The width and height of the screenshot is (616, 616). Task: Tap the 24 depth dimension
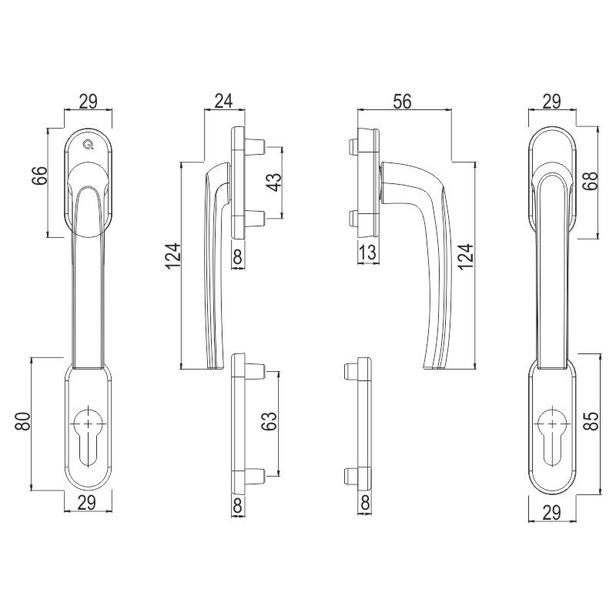223,101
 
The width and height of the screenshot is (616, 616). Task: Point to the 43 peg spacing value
274,182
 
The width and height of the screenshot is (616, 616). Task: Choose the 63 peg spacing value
270,421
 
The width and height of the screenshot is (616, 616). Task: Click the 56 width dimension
402,101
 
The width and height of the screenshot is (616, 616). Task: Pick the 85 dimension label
591,420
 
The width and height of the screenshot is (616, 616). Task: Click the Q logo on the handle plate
89,145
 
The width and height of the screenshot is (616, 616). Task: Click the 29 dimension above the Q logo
89,101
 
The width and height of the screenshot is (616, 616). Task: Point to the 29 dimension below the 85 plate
551,512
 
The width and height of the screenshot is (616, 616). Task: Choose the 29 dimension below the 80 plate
87,503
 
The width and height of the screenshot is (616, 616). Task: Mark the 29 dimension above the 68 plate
551,102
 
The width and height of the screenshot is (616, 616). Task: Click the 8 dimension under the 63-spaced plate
238,505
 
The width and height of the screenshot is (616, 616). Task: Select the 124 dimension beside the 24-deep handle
172,256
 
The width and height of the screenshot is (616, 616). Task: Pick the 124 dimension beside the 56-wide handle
465,256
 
